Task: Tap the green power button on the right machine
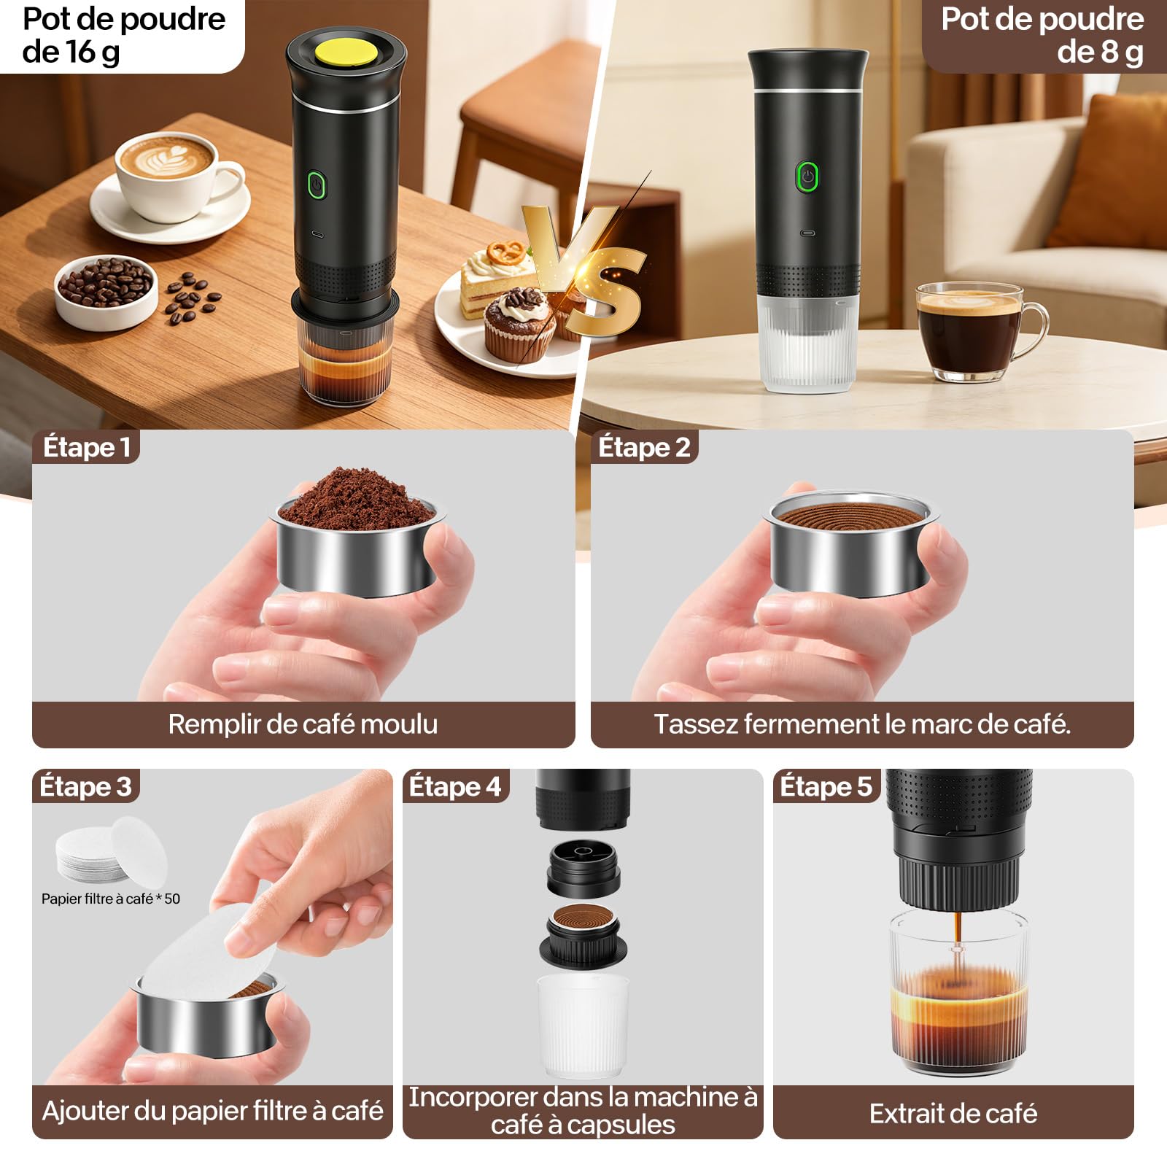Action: tap(807, 177)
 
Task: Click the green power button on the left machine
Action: tap(317, 185)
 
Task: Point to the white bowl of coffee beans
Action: tap(106, 291)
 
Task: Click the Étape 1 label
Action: tap(87, 447)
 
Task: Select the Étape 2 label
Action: tap(644, 447)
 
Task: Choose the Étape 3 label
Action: tap(85, 786)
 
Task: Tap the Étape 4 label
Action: tap(455, 786)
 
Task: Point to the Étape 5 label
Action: tap(826, 786)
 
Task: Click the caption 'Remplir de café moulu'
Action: tap(303, 724)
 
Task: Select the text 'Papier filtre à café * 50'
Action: tap(111, 899)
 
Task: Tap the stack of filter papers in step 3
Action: tap(111, 850)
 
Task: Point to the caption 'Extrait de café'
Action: tap(953, 1114)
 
